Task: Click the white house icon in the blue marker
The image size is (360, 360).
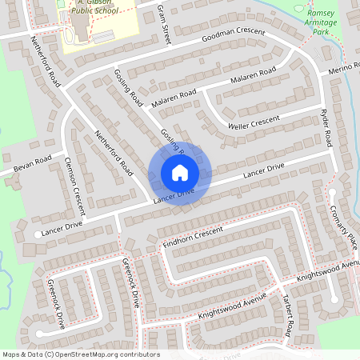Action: tap(179, 173)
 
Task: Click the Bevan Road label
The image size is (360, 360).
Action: tap(32, 163)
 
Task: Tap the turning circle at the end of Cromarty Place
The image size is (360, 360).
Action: tap(332, 192)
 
